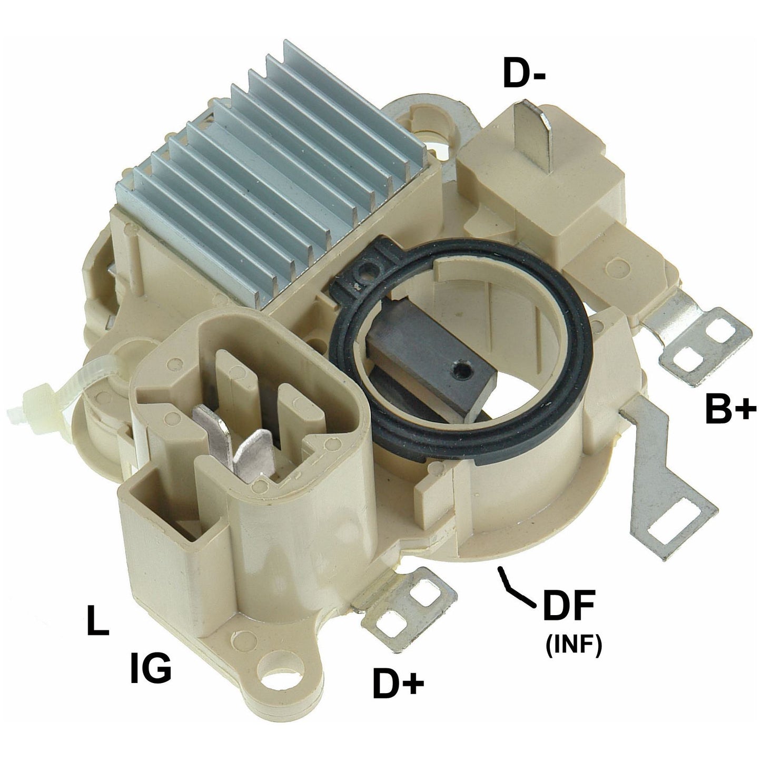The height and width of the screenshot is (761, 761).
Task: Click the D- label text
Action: pyautogui.click(x=524, y=73)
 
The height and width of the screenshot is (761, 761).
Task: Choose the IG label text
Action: pyautogui.click(x=151, y=668)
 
